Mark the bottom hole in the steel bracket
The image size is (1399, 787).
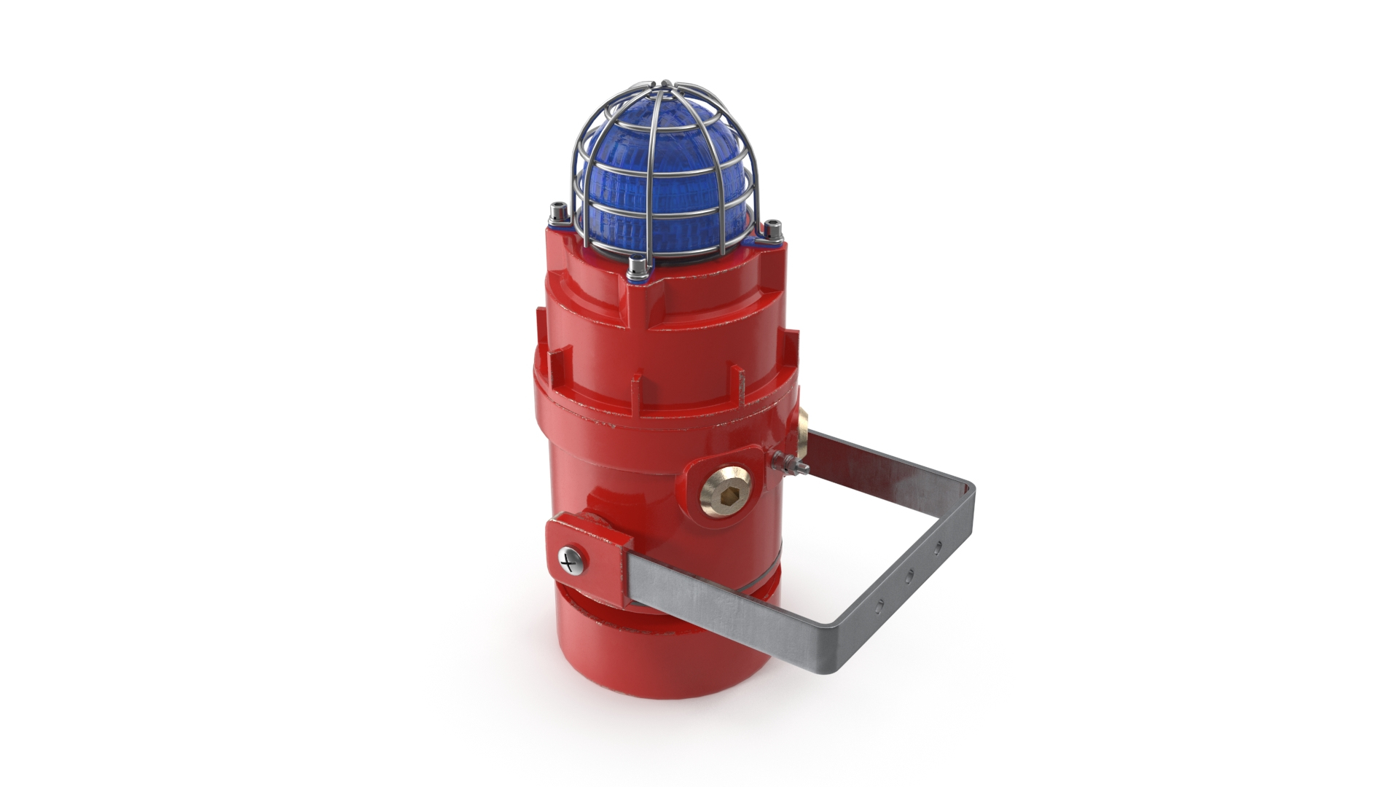pos(880,604)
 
